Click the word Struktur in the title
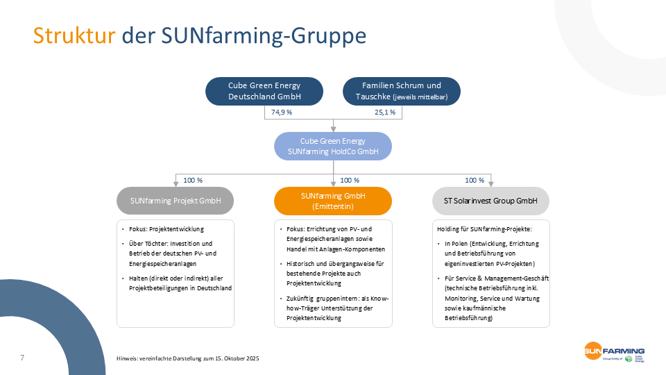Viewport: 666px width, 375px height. coord(74,35)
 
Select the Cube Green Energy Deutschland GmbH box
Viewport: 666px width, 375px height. coord(264,91)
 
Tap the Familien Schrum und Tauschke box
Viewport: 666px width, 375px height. coord(402,91)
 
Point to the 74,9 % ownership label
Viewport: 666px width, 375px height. coord(281,112)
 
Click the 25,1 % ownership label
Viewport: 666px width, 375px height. coord(385,112)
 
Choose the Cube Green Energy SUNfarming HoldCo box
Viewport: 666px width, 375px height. coord(333,146)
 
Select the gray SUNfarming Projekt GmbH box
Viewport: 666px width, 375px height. coord(175,201)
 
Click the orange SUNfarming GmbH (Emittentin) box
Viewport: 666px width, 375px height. coord(333,201)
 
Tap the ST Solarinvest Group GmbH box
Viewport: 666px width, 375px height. coord(491,201)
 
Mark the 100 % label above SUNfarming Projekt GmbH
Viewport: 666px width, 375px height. coord(193,180)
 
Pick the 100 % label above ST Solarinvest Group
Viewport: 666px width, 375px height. coord(475,180)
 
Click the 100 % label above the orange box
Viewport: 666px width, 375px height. coord(350,180)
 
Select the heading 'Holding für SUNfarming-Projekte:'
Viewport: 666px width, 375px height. coord(484,228)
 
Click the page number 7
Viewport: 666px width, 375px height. coord(22,358)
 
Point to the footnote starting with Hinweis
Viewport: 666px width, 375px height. coord(187,358)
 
